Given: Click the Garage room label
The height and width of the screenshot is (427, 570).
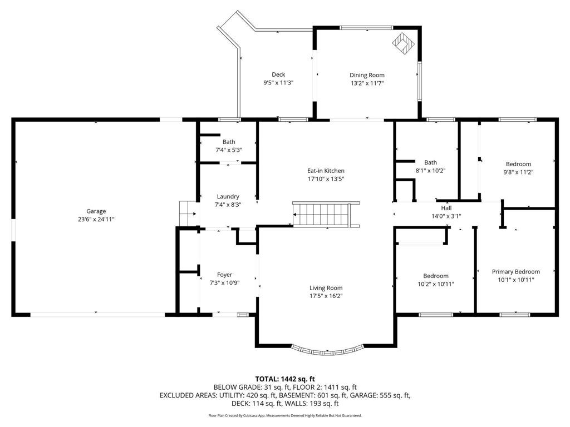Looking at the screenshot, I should point(96,211).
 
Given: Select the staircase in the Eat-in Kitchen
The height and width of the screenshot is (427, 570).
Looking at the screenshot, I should point(327,215).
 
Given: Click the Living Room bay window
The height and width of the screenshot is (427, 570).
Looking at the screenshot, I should point(327,350).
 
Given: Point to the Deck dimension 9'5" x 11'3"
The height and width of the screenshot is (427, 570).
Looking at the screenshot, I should point(278,83).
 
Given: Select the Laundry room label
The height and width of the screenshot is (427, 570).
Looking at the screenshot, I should point(228,196).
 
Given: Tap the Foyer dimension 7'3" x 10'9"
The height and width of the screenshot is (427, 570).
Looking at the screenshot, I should point(224,283).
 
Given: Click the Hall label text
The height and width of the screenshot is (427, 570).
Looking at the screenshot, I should point(446,208).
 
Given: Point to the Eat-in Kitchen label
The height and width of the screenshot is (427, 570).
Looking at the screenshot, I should point(326,171).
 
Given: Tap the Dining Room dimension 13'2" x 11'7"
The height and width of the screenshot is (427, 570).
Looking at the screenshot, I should point(367,83).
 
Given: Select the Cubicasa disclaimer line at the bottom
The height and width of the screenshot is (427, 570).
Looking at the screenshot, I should point(285,415).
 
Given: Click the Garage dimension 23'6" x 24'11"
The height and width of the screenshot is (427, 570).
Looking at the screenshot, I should point(96,220).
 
